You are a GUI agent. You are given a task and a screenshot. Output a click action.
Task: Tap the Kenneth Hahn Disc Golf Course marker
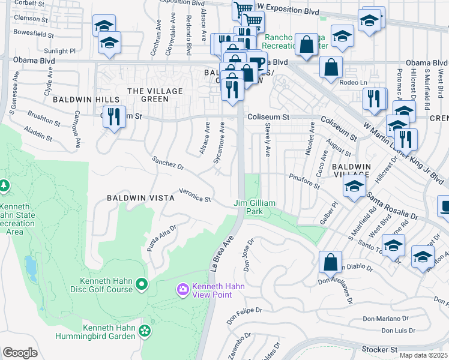coord(142,283)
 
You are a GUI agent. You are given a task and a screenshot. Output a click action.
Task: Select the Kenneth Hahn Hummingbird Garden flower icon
coord(144,331)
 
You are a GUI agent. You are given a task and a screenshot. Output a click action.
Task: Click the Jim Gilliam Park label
coord(255,208)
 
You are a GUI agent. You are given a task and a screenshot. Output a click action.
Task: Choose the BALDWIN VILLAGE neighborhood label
coord(352,170)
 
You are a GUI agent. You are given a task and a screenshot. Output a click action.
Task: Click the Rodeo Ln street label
coord(352,82)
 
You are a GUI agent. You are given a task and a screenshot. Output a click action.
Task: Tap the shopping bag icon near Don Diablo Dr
coord(330,262)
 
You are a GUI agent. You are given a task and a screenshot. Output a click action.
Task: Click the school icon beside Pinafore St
coord(354,186)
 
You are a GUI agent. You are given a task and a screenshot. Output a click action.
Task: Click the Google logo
coord(20,352)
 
